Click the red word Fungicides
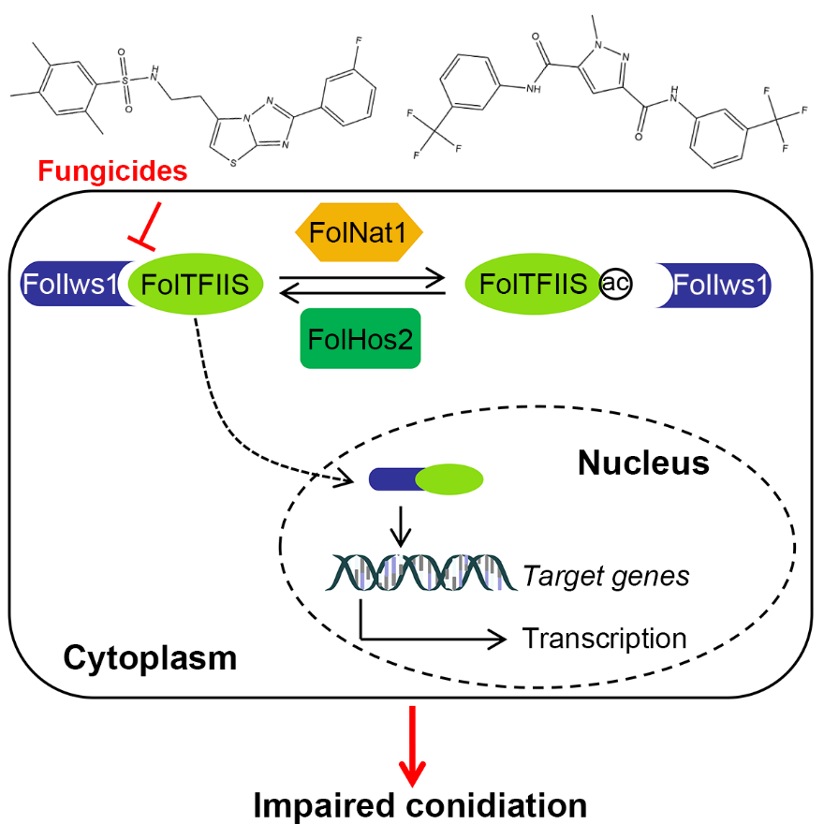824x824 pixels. point(112,171)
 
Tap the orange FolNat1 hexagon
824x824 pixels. point(360,229)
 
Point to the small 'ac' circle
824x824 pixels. point(614,284)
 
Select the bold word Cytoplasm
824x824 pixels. point(150,658)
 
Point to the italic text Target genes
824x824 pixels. point(606,575)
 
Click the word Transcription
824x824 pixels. point(604,639)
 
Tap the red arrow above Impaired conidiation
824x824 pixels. point(412,745)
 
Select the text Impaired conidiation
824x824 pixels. point(412,802)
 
